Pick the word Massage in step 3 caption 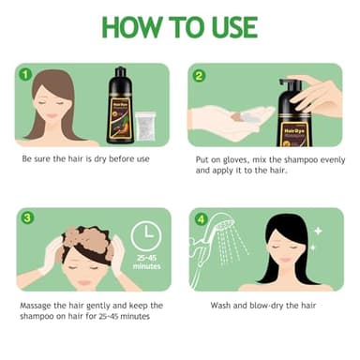pos(38,306)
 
